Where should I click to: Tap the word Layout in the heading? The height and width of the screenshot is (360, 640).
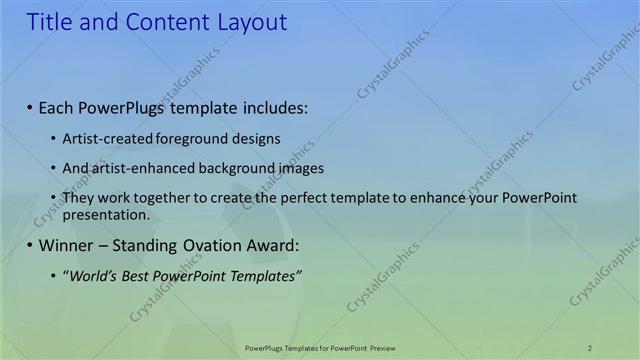pyautogui.click(x=252, y=22)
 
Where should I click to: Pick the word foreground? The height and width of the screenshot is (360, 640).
pyautogui.click(x=194, y=138)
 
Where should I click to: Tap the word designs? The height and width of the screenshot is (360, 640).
pyautogui.click(x=256, y=138)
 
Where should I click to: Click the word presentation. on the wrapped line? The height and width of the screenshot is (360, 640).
pyautogui.click(x=106, y=214)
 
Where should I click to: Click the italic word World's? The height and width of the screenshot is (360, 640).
pyautogui.click(x=91, y=276)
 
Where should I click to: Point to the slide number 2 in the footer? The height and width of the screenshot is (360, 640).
pyautogui.click(x=590, y=347)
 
